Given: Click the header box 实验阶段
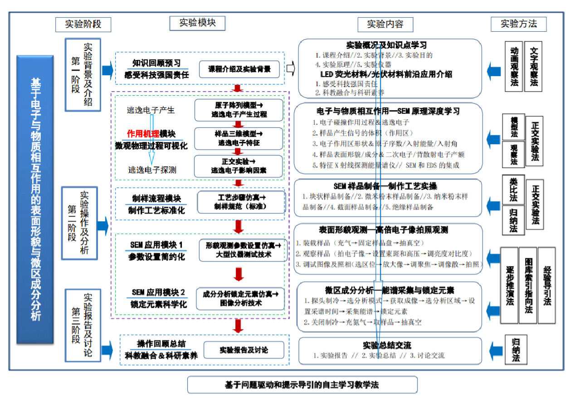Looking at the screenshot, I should tap(83, 24).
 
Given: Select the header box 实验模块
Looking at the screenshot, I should tap(197, 23).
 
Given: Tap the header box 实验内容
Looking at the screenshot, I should tap(385, 24).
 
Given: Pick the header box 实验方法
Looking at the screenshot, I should tap(518, 24).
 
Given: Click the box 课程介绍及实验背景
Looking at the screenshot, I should tap(239, 69).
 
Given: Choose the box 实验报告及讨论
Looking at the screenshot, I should tap(244, 350).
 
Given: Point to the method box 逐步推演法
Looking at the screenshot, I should tap(509, 286).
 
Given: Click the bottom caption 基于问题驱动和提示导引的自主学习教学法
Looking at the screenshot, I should tap(302, 385).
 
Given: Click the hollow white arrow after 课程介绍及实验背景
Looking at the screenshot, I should tap(291, 69).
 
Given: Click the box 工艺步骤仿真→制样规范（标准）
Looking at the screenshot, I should tap(241, 202).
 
